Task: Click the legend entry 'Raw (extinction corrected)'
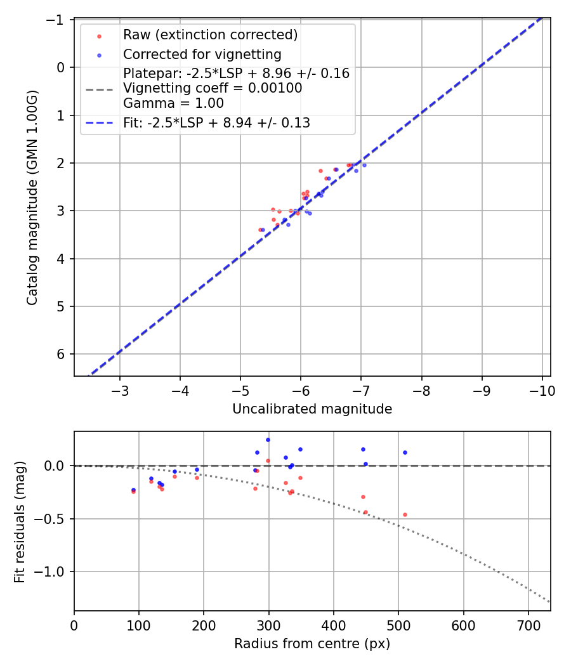pyautogui.click(x=210, y=34)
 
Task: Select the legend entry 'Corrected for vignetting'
pyautogui.click(x=202, y=54)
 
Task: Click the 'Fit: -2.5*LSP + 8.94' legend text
pyautogui.click(x=216, y=123)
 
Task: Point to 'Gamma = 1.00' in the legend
pyautogui.click(x=173, y=103)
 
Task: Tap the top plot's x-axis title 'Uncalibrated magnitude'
pyautogui.click(x=312, y=409)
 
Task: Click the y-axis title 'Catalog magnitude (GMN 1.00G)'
pyautogui.click(x=32, y=198)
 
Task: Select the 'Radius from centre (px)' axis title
pyautogui.click(x=312, y=644)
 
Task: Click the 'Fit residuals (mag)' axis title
pyautogui.click(x=20, y=521)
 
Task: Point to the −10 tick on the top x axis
pyautogui.click(x=542, y=390)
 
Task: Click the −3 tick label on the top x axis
pyautogui.click(x=120, y=390)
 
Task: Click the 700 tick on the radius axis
pyautogui.click(x=528, y=625)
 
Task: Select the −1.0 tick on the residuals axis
pyautogui.click(x=54, y=571)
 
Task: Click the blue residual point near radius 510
pyautogui.click(x=405, y=452)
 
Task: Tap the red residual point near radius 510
pyautogui.click(x=405, y=514)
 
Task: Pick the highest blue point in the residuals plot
pyautogui.click(x=268, y=440)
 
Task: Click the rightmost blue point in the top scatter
pyautogui.click(x=364, y=165)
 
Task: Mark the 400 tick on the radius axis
pyautogui.click(x=333, y=625)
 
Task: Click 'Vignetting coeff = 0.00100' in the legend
pyautogui.click(x=213, y=88)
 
